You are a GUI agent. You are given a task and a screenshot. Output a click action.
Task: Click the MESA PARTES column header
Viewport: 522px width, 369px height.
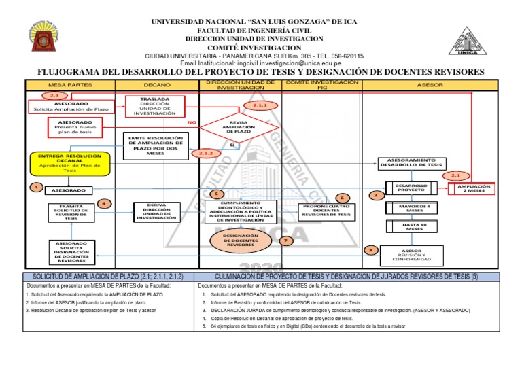pyautogui.click(x=70, y=85)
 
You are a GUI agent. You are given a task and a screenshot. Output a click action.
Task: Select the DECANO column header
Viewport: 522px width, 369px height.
pyautogui.click(x=157, y=85)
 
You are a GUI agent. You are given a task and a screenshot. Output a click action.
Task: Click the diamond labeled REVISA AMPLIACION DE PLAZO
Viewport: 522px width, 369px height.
pyautogui.click(x=239, y=126)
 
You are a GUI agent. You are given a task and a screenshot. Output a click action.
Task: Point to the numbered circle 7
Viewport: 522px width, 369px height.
pyautogui.click(x=286, y=241)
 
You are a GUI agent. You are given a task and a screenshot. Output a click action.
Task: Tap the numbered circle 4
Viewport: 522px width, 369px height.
pyautogui.click(x=103, y=203)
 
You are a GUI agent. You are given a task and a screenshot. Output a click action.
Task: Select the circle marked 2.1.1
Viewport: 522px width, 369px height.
pyautogui.click(x=262, y=106)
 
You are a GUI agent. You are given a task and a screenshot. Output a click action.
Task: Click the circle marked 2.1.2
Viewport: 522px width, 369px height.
pyautogui.click(x=207, y=154)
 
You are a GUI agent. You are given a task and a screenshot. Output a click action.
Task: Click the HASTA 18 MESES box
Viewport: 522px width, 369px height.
pyautogui.click(x=410, y=227)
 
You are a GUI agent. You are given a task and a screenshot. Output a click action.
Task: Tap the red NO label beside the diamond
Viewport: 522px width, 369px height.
pyautogui.click(x=192, y=122)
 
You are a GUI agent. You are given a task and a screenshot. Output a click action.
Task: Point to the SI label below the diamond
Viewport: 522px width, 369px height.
pyautogui.click(x=232, y=145)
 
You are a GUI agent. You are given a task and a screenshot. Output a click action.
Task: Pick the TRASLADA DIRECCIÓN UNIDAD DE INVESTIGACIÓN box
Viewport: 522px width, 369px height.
pyautogui.click(x=154, y=107)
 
